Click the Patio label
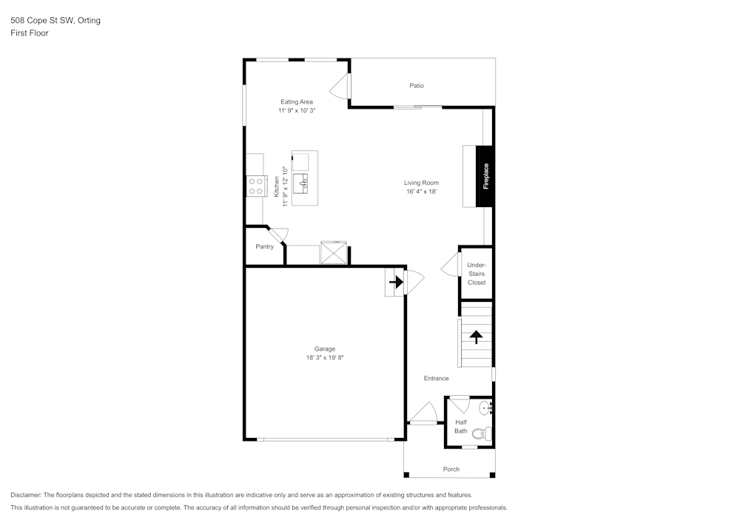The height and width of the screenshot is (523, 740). (417, 86)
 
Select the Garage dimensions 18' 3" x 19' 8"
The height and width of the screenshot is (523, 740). (325, 357)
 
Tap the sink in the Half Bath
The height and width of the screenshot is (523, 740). (485, 408)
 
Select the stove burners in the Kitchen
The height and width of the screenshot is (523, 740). (256, 186)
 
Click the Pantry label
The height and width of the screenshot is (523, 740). (264, 246)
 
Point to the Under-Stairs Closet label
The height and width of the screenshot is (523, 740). (476, 274)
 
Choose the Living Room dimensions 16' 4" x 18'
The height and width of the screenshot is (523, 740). (421, 192)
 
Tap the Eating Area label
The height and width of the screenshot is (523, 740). (296, 101)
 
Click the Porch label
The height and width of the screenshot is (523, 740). (451, 469)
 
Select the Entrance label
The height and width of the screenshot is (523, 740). (436, 378)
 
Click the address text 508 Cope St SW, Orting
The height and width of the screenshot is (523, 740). (55, 21)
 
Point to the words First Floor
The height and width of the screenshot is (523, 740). (30, 33)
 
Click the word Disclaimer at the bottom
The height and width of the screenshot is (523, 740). (26, 495)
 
